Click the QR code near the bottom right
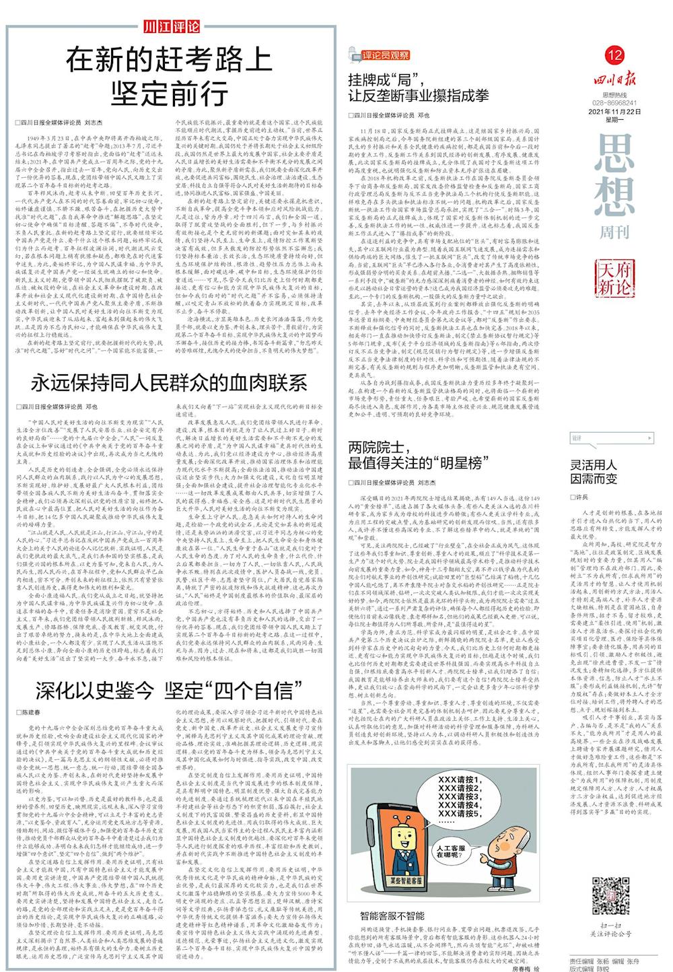click(611, 895)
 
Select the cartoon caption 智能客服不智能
click(392, 916)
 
